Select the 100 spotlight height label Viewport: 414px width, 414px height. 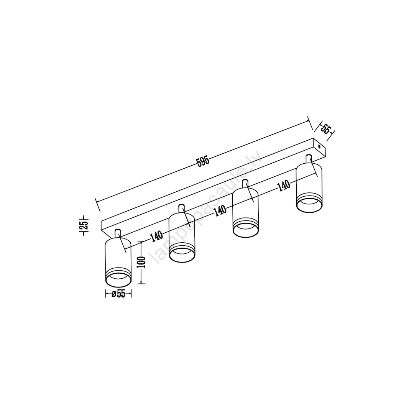[x=143, y=262]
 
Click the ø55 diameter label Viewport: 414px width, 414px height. [x=118, y=294]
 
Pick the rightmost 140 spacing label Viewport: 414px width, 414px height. [x=284, y=186]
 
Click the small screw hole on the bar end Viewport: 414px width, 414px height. [x=320, y=146]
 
